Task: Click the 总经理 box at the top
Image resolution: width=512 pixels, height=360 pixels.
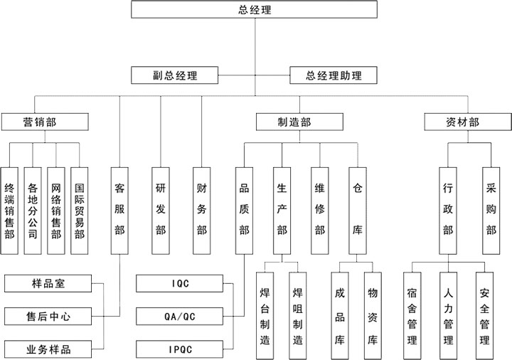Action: pos(255,10)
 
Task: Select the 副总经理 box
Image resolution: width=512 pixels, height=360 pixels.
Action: pos(174,75)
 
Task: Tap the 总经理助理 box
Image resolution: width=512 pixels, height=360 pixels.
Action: pos(334,75)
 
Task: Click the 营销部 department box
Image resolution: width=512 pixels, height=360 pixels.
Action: pos(39,122)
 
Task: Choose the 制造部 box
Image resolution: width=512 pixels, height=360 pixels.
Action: pos(294,122)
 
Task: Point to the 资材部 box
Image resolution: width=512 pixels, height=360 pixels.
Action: pos(462,122)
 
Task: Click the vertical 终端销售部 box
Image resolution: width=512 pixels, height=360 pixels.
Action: pos(9,210)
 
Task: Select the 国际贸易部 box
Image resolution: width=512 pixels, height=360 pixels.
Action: pos(80,210)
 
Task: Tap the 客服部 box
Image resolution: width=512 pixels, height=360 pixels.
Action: pos(119,210)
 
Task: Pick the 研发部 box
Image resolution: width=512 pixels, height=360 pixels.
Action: pos(161,210)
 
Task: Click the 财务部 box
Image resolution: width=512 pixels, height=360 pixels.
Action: pos(202,210)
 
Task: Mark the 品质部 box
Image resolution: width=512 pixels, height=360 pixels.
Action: pos(245,210)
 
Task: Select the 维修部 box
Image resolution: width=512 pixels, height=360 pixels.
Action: pos(319,210)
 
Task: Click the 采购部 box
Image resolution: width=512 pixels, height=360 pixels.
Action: pos(491,210)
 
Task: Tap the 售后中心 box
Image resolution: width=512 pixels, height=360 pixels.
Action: pos(48,316)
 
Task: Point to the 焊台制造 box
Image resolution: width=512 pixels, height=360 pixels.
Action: pos(265,316)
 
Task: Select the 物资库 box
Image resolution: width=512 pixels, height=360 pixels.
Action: pos(372,316)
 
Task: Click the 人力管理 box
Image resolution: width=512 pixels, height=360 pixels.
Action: pos(448,316)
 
